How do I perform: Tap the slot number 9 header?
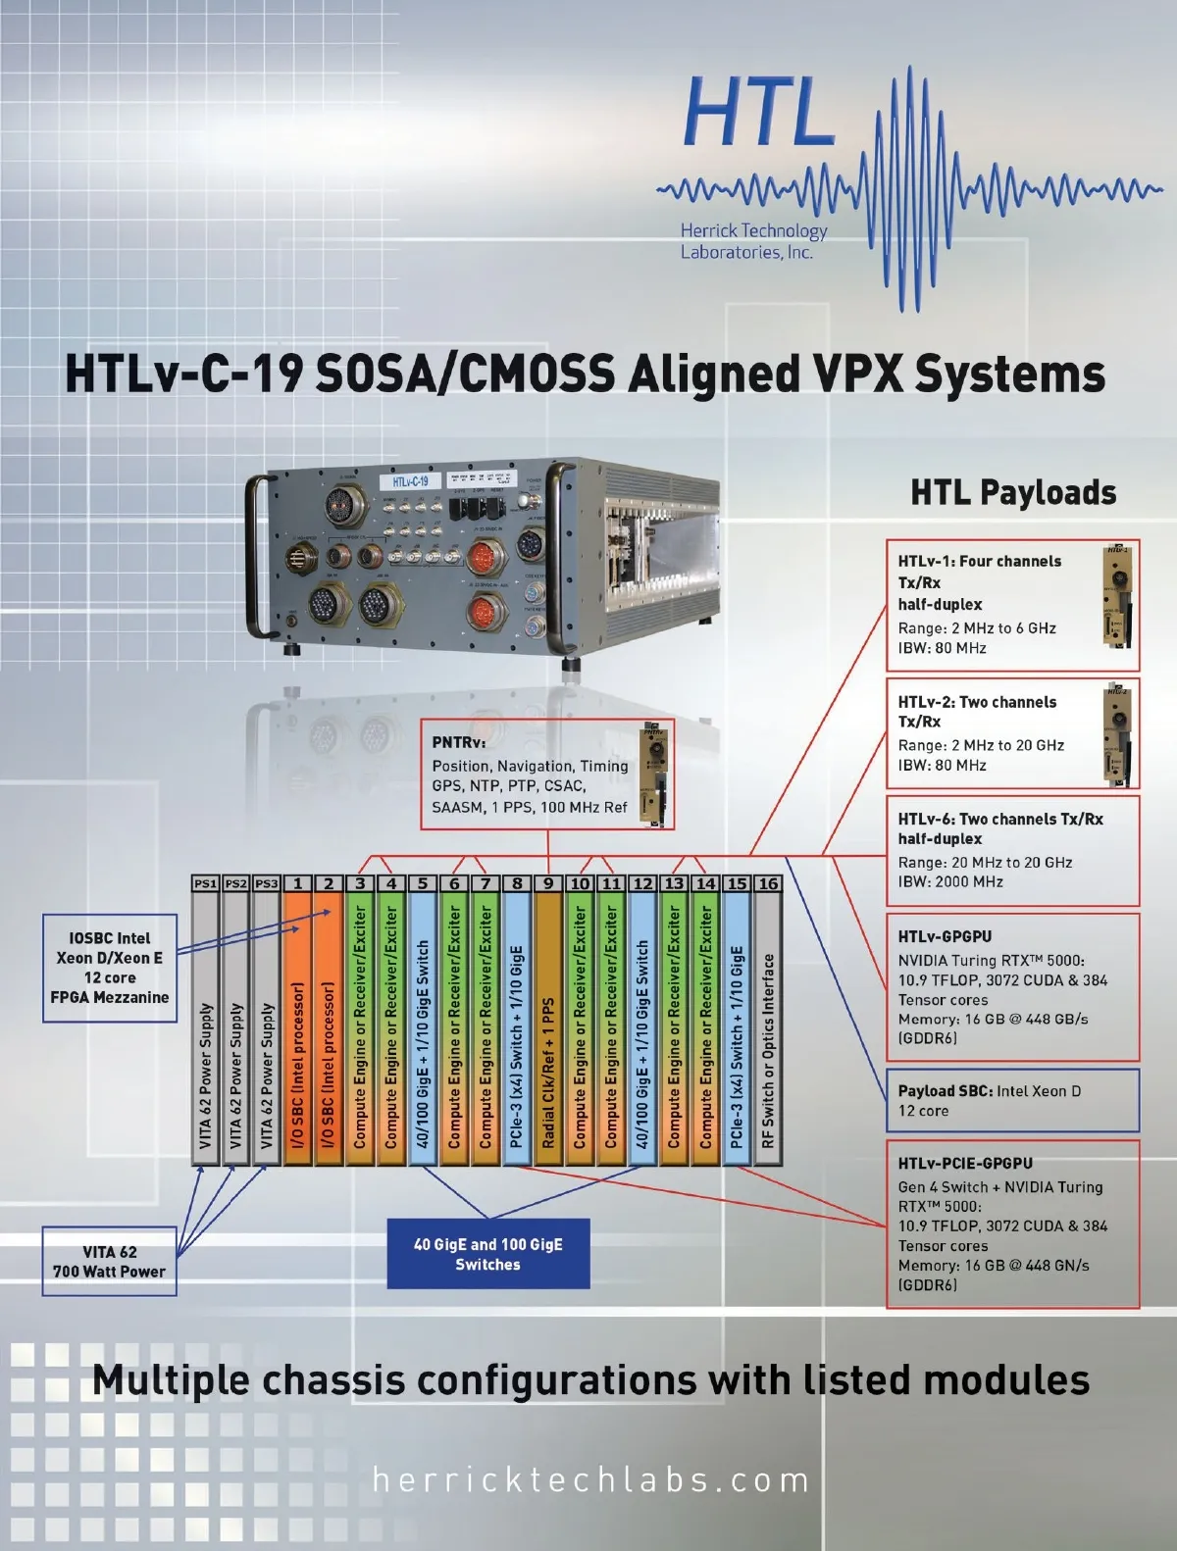coord(548,883)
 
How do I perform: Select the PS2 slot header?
coord(235,883)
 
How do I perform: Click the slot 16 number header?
coord(768,883)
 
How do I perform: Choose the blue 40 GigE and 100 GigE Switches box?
coord(488,1254)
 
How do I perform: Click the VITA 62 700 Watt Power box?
coord(110,1262)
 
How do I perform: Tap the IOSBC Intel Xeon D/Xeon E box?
coord(110,968)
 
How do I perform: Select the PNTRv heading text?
coord(459,742)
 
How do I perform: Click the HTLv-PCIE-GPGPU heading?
coord(965,1164)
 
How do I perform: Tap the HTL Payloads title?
coord(1013,492)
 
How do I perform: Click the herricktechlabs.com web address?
coord(590,1479)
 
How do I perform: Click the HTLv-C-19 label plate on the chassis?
coord(410,481)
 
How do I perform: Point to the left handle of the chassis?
coord(258,559)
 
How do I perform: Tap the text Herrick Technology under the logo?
coord(753,231)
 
